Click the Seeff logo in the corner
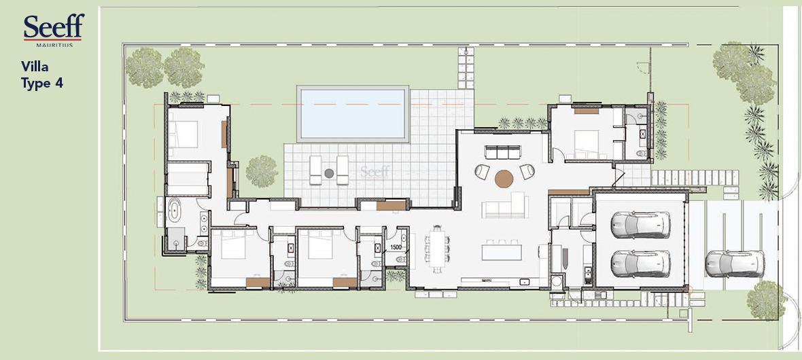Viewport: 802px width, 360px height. pos(53,30)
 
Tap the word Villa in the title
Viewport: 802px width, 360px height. pos(35,67)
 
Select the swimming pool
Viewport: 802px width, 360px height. pos(353,114)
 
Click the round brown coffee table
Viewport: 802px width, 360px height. pos(504,179)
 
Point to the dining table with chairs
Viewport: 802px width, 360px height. pos(438,249)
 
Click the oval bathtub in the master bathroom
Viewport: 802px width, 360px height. pos(174,210)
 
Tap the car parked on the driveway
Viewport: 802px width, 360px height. pos(735,264)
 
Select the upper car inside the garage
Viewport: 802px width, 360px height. pos(640,224)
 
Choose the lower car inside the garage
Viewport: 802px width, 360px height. pos(640,264)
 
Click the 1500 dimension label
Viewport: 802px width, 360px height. pos(396,247)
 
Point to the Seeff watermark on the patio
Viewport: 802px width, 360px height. pos(375,171)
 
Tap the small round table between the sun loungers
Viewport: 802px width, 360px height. pos(329,173)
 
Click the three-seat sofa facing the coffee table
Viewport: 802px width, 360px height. pos(502,152)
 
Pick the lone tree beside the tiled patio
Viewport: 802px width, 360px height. pos(262,171)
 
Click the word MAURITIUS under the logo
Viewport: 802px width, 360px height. pos(55,45)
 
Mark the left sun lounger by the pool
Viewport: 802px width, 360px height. pos(315,170)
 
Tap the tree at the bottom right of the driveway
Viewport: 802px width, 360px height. pos(766,300)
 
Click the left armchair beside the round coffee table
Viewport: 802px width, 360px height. pos(482,172)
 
